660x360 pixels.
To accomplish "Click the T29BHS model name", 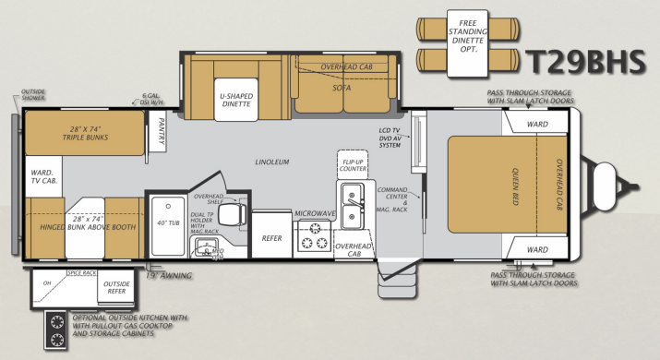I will pos(588,61).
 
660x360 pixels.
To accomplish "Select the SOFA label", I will pos(342,89).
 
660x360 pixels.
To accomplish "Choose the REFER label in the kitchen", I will pos(271,237).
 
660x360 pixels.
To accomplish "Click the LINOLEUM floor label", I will pos(273,162).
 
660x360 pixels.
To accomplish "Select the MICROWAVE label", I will pos(314,213).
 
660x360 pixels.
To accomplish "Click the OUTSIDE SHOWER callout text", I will pos(33,95).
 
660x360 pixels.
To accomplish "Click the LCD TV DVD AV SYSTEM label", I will pos(390,138).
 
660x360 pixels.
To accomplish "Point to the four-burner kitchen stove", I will pos(314,243).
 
